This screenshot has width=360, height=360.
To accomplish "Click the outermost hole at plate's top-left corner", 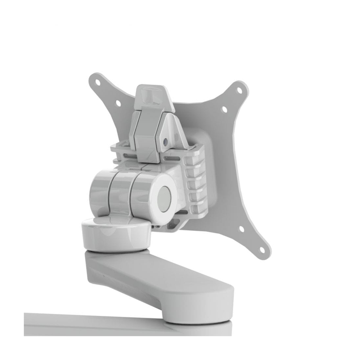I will coord(97,82).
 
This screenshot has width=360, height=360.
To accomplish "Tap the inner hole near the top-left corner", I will coord(118,103).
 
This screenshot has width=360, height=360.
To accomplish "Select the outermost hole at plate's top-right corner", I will coord(239,90).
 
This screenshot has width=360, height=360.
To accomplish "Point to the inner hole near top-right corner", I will coord(224,109).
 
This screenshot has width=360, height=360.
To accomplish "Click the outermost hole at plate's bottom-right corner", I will coord(262,249).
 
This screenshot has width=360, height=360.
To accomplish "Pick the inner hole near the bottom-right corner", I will coord(241,228).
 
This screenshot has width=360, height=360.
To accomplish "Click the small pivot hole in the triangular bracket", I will coord(166,142).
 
